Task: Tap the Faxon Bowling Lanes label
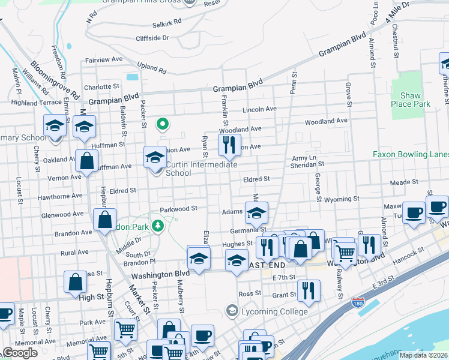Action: [x=411, y=154]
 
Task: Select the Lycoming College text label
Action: [x=275, y=311]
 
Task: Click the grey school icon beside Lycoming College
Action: [x=232, y=310]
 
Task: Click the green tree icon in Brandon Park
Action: [x=158, y=226]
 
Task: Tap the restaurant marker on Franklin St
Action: [x=228, y=144]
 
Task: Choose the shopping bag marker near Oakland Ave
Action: [x=87, y=161]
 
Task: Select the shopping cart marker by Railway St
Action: [x=345, y=253]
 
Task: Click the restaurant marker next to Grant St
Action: [x=309, y=290]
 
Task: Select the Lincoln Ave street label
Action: [x=259, y=110]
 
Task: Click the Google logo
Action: [x=19, y=353]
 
